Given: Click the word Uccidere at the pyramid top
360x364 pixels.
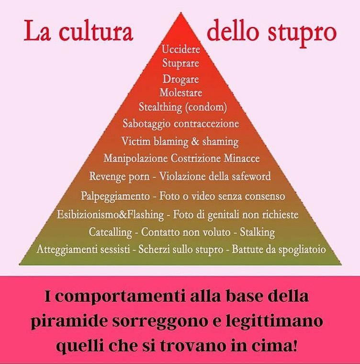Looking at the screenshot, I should click(x=180, y=49).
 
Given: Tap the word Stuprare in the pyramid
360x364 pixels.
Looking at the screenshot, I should click(x=180, y=63).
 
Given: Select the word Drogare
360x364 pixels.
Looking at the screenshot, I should click(x=180, y=79).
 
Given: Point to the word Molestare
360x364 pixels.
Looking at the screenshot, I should click(x=180, y=92).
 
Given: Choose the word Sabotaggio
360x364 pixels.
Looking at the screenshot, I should click(x=145, y=124).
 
